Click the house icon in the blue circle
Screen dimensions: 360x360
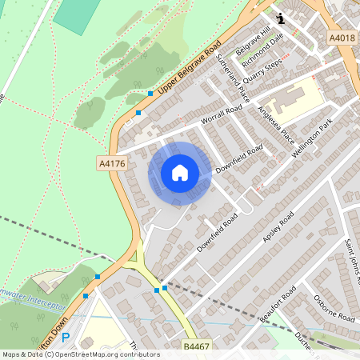click(x=180, y=173)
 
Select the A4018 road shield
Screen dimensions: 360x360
click(x=340, y=38)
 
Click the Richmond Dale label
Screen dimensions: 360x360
click(x=263, y=48)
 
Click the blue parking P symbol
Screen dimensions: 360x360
click(x=66, y=338)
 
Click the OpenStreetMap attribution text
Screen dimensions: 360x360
click(x=80, y=354)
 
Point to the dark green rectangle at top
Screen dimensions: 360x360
click(x=78, y=14)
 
